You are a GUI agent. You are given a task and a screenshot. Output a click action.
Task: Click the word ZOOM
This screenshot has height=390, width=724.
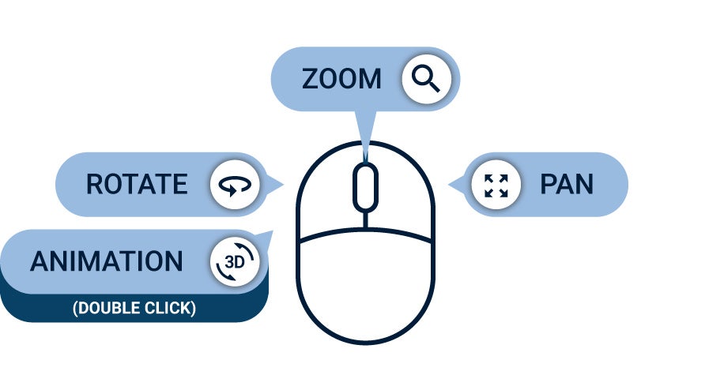341,79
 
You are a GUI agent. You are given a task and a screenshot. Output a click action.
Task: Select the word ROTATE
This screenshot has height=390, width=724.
137,185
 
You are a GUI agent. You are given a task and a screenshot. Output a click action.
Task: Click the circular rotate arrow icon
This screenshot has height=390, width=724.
235,185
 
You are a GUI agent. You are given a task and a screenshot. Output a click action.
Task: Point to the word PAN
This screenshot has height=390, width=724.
566,185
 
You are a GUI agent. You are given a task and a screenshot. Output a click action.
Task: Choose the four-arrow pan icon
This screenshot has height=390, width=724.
496,185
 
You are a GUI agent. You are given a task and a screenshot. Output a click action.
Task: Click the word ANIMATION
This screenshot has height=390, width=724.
107,262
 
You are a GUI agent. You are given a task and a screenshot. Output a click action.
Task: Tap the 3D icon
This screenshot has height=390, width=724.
235,262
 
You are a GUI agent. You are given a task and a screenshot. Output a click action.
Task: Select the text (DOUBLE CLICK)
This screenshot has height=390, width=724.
134,308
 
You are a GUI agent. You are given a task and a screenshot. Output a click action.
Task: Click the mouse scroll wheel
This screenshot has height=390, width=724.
364,188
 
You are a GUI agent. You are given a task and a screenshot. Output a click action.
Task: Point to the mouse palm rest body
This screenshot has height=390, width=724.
364,292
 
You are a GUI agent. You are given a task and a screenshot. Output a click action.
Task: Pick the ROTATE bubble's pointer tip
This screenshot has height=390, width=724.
282,186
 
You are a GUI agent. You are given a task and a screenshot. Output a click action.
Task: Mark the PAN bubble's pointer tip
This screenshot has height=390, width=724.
451,186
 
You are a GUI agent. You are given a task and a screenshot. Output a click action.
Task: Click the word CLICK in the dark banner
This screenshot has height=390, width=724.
168,308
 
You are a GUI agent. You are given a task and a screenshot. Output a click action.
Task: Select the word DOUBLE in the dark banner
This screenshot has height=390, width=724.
106,308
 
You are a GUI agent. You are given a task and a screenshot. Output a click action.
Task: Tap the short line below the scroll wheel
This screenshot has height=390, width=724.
364,220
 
